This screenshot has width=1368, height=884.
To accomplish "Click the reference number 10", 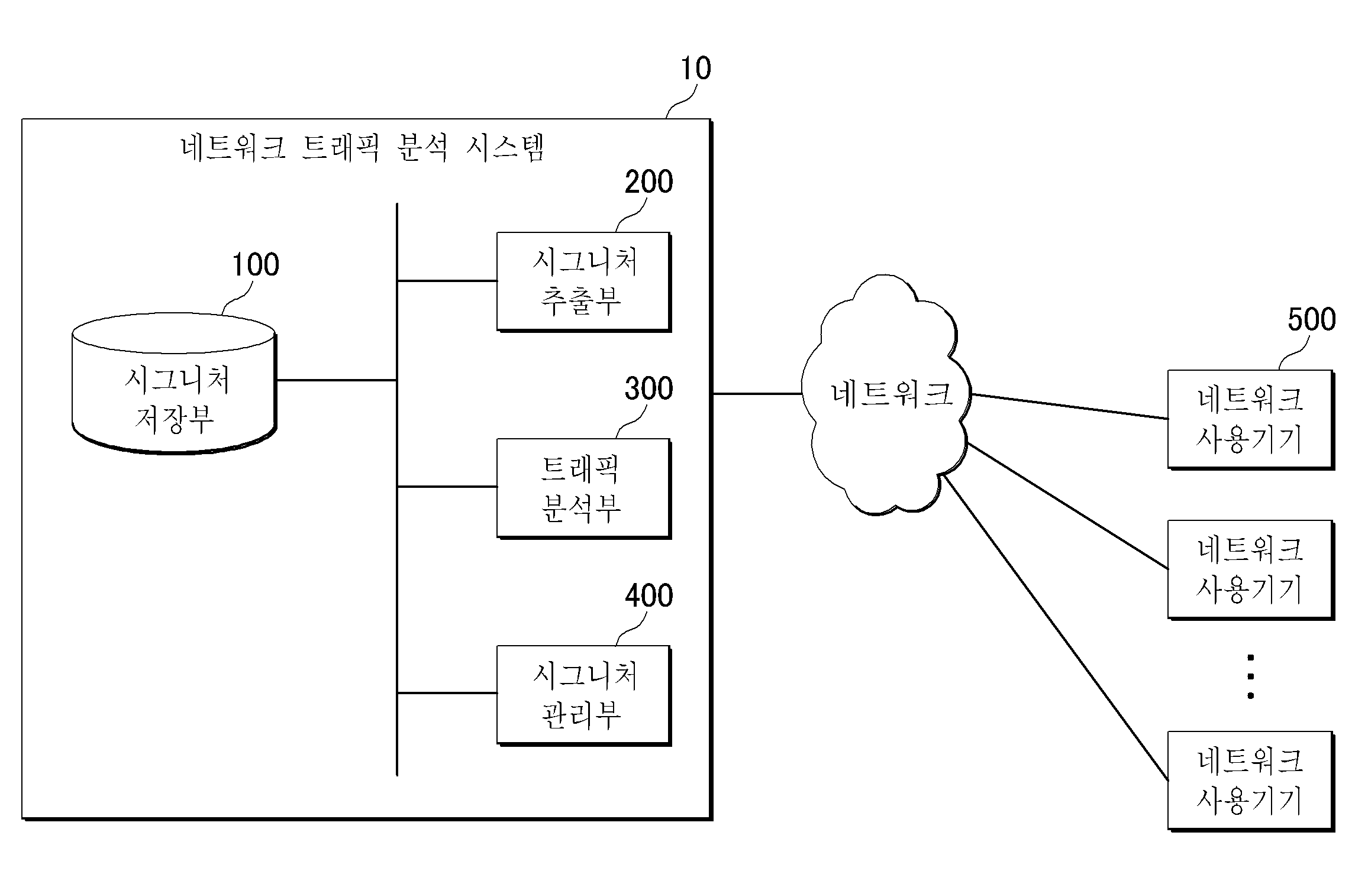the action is point(696,69).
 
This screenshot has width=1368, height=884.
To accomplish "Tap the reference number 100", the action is point(255,265).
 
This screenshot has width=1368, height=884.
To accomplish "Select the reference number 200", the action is point(648,182).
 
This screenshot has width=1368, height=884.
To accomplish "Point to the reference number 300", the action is point(648,388).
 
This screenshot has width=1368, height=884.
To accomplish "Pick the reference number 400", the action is point(648,595).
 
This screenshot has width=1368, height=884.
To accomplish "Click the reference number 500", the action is point(1311,319).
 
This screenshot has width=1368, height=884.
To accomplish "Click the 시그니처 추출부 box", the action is point(584,281).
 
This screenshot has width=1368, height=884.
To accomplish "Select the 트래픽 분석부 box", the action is point(584,488).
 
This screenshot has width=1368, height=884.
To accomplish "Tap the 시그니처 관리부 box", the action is point(584,695).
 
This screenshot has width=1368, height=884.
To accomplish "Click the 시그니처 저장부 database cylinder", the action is point(174,383).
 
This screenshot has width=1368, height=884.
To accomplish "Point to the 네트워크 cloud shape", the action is point(886,394).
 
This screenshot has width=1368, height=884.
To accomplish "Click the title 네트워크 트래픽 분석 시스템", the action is point(362,148).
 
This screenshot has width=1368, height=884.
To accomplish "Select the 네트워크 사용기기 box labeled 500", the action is point(1251,420).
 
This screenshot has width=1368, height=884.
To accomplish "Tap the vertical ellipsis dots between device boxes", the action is point(1250,676).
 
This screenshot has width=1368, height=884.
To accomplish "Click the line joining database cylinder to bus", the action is point(336,380).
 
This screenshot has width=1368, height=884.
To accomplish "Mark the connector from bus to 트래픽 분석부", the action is point(447,487).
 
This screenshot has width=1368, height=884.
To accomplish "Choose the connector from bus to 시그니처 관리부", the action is point(447,692).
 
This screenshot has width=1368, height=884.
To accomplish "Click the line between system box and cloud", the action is point(757,393).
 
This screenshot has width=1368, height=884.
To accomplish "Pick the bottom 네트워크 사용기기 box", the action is point(1251,781).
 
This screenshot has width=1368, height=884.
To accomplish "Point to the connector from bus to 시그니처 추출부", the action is point(447,280).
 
